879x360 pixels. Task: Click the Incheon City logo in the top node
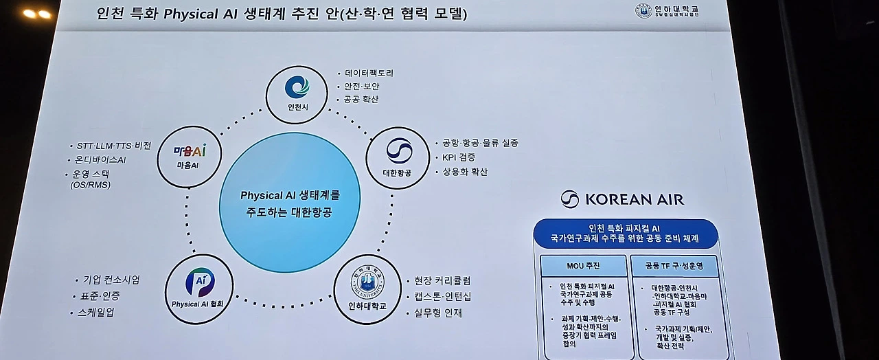pyautogui.click(x=297, y=86)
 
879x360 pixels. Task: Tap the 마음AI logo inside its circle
pyautogui.click(x=189, y=150)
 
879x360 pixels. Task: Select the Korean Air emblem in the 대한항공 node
pyautogui.click(x=399, y=150)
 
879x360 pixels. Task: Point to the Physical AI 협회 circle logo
pyautogui.click(x=199, y=282)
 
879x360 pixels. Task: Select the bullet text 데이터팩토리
pyautogui.click(x=369, y=73)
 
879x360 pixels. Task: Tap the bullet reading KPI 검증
pyautogui.click(x=459, y=157)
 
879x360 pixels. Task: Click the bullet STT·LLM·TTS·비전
pyautogui.click(x=114, y=146)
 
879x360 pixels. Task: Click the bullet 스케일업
pyautogui.click(x=95, y=312)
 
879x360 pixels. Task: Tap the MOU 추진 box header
pyautogui.click(x=583, y=265)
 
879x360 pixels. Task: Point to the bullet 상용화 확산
pyautogui.click(x=465, y=172)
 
